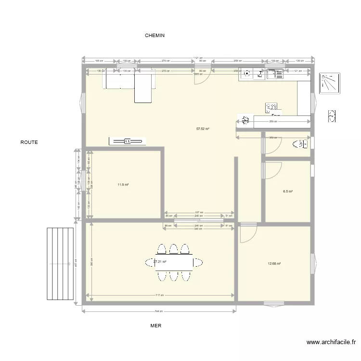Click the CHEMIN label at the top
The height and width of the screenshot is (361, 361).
[x=155, y=36]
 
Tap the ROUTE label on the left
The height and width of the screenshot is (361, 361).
[x=29, y=142]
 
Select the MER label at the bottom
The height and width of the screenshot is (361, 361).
[x=155, y=326]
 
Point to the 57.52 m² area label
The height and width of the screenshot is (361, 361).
[x=203, y=129]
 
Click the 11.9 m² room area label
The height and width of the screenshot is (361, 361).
[x=122, y=184]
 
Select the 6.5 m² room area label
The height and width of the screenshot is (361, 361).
[x=288, y=191]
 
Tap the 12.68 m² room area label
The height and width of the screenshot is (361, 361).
[x=274, y=263]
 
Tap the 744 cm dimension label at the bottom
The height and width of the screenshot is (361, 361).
[x=159, y=311]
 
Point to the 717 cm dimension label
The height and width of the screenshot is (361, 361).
[x=159, y=296]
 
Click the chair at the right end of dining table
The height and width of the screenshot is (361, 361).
[x=198, y=262]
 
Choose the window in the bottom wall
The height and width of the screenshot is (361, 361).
[x=274, y=303]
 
